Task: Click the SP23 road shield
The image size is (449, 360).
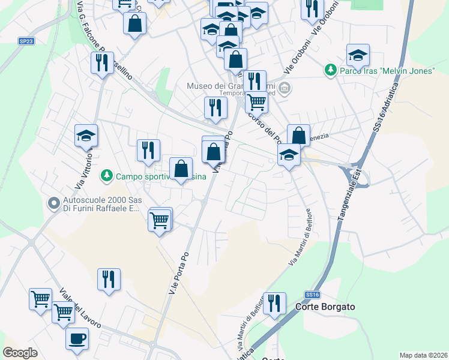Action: click(x=26, y=41)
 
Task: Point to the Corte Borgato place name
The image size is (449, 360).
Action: click(x=325, y=307)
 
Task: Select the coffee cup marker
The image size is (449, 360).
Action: click(x=77, y=339)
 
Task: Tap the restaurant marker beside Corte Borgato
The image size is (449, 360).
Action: click(x=274, y=304)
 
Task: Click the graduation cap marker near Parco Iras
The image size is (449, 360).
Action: click(x=358, y=56)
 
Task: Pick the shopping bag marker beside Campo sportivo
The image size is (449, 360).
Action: click(x=181, y=169)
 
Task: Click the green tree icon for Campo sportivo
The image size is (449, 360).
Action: click(x=106, y=176)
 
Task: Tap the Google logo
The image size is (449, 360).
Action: click(x=20, y=353)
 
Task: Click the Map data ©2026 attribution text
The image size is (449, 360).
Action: click(x=423, y=355)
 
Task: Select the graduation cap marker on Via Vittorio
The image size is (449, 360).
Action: click(x=86, y=136)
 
